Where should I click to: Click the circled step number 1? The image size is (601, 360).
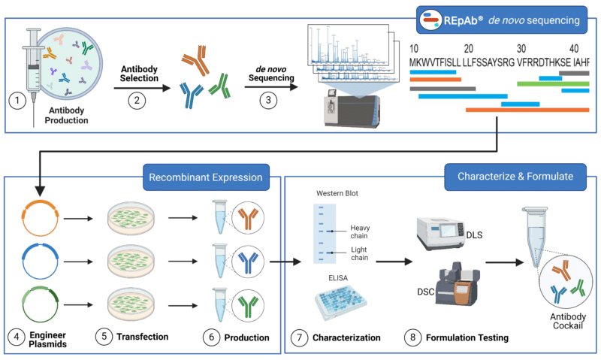[x=17, y=101]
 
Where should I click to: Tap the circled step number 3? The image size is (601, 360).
[x=268, y=101]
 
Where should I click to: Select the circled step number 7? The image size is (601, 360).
[x=299, y=337]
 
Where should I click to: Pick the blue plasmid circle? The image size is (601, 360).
[x=41, y=262]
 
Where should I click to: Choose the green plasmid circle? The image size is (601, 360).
[x=41, y=305]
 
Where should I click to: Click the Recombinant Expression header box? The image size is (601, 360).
[x=206, y=177]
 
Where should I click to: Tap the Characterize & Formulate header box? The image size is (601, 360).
[x=515, y=177]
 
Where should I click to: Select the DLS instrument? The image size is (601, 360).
[x=440, y=234]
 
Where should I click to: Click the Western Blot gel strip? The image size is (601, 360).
[x=325, y=234]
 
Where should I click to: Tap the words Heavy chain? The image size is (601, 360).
[x=360, y=231]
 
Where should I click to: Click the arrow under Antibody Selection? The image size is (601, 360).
[x=142, y=88]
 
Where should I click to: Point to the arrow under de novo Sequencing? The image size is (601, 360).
[x=271, y=87]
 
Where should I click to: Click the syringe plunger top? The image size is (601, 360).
[x=33, y=30]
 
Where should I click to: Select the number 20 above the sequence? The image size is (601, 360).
[x=468, y=49]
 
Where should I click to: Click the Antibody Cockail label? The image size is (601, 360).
[x=568, y=321]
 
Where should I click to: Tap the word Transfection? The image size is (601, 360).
[x=143, y=337]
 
